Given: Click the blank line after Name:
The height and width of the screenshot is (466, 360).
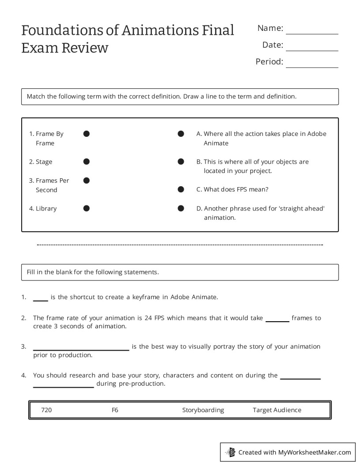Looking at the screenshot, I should point(312,33).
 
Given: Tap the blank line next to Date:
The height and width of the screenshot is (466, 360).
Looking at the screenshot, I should point(312,50).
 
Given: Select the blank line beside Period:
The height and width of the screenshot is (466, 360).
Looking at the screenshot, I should point(312,67).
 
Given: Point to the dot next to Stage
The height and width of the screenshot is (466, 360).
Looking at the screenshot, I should point(86,162).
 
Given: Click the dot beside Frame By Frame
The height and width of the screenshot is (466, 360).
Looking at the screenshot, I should point(86,134).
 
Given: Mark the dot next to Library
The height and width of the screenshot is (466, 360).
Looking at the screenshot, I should point(86,208).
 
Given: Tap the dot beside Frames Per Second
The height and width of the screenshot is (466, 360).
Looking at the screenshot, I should point(86,180).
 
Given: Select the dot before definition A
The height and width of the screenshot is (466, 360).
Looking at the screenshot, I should point(181,134).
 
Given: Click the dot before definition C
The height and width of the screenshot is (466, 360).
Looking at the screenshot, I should point(181,189).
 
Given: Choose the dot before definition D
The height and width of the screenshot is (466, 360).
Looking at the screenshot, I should point(181,208).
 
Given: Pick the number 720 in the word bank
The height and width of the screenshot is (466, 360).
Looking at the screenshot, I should point(46,410).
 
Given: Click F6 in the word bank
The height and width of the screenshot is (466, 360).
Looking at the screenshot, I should point(115,410).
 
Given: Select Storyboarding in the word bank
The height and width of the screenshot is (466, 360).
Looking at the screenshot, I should point(203,410).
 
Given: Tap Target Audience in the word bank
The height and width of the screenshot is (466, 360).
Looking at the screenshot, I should point(277,410).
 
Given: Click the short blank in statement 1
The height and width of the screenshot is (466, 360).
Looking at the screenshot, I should point(41,300).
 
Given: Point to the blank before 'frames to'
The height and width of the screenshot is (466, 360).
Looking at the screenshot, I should point(277,321).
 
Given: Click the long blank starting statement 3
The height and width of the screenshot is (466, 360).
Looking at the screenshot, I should point(81,349).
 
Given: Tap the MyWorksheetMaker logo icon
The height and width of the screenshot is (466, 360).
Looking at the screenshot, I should point(230,452).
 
